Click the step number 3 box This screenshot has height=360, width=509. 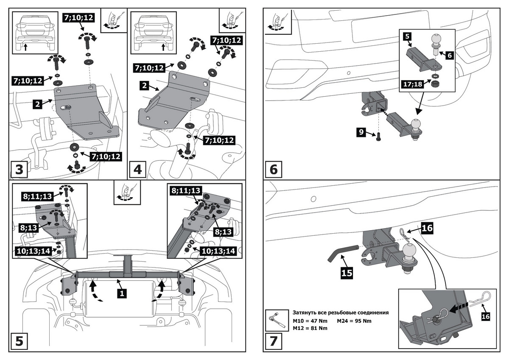[x=19, y=170]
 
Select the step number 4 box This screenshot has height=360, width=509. [x=137, y=170]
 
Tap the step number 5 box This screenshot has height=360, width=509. [x=19, y=340]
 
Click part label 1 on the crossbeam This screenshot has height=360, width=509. [x=122, y=292]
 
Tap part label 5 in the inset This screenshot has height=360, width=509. [x=407, y=37]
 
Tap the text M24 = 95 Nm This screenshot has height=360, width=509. [x=354, y=321]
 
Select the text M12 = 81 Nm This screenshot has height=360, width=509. [x=310, y=328]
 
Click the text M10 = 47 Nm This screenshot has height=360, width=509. [x=310, y=321]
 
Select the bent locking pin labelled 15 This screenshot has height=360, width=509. [x=339, y=254]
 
